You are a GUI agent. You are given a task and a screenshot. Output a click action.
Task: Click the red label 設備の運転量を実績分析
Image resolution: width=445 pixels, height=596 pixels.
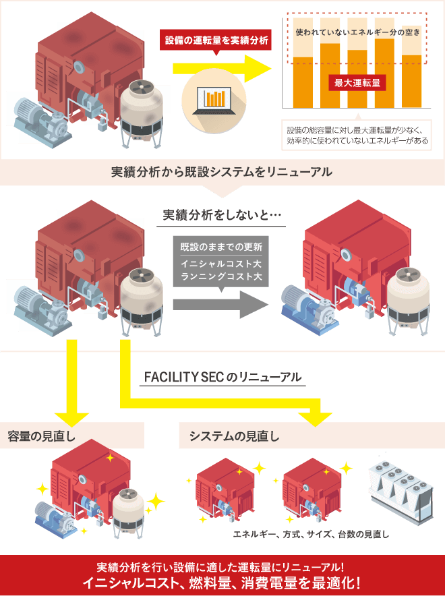pos(218,40)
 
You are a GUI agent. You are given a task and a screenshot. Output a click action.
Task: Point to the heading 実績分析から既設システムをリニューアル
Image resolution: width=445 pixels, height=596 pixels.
pos(222,172)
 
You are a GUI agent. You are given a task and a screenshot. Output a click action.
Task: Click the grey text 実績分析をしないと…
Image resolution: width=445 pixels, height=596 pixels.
pos(222,216)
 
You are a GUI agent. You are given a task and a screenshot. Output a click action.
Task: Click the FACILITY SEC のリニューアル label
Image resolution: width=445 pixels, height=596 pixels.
pos(222,377)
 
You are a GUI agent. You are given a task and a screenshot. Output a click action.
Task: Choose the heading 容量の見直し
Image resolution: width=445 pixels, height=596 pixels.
pos(41,436)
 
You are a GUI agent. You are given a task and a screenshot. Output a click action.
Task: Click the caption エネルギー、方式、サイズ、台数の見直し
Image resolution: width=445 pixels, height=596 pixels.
pos(310,534)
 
